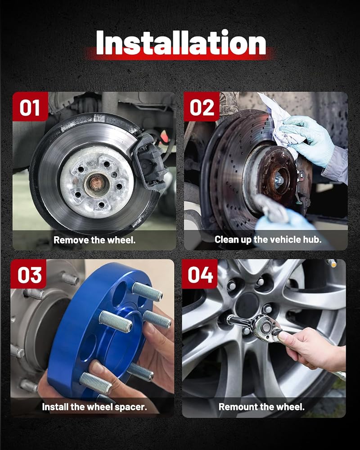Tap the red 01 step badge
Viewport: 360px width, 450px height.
(30, 107)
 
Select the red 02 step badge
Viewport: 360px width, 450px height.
(202, 107)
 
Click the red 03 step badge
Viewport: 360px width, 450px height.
(28, 274)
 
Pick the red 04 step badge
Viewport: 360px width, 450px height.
(200, 274)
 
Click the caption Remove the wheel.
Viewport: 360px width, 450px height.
(94, 240)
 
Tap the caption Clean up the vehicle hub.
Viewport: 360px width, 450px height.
(268, 239)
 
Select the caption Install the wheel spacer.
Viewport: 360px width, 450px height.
(94, 407)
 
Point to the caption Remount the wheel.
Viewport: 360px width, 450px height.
(261, 407)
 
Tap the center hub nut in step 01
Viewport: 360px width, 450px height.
(95, 183)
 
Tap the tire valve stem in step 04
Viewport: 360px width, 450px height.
(332, 263)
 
